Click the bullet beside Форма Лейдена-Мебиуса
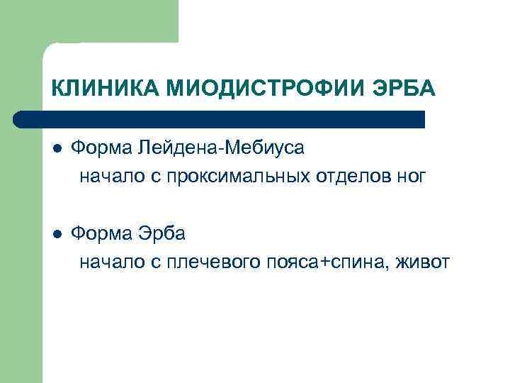point(57,148)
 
